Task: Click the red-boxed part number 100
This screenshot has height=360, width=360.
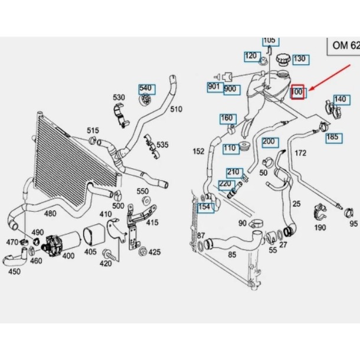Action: coord(297,92)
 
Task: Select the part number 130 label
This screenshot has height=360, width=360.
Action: coord(299,59)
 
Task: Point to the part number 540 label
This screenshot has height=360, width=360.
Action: coord(145,89)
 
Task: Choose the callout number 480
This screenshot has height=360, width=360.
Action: coord(50,214)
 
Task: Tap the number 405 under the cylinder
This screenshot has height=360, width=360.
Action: coord(90,252)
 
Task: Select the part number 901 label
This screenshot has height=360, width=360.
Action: coord(214,87)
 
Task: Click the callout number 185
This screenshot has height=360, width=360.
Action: coord(333,138)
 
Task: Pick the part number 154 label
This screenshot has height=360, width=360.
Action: coord(204,207)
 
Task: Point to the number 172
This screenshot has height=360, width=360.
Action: coord(300,153)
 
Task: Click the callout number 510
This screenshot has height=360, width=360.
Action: coord(176,109)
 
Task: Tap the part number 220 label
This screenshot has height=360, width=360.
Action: coord(225,184)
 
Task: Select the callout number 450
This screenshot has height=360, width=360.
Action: coord(14,271)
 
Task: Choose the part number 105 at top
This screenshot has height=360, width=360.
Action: coord(269,40)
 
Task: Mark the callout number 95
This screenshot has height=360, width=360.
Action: coord(353,224)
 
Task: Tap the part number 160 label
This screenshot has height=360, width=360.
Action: coord(227,118)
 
